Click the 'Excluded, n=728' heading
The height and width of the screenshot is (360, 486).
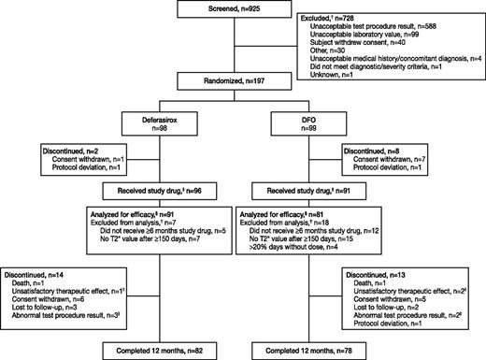click(x=355, y=16)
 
